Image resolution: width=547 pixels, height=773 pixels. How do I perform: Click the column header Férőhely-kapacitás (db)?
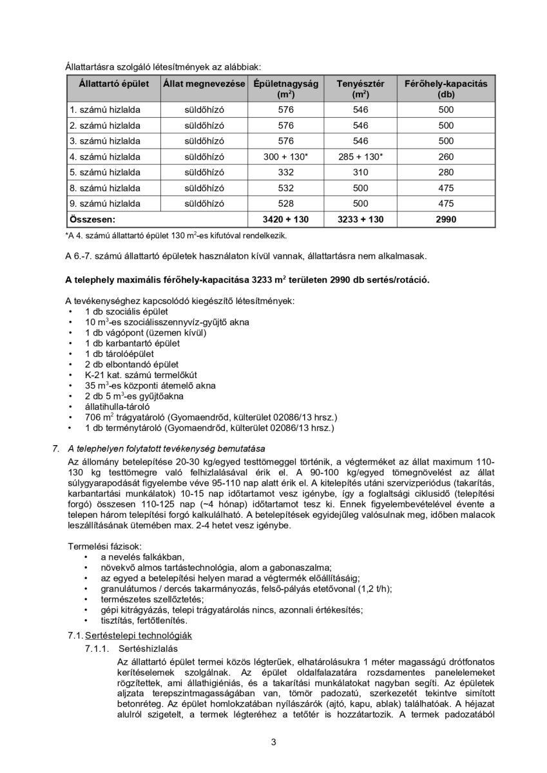(x=446, y=89)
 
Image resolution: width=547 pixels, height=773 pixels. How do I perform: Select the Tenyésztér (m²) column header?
(x=360, y=89)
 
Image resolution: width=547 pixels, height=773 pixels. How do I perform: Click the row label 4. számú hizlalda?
(x=105, y=157)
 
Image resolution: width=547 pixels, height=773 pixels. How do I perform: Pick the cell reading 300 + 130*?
(x=285, y=157)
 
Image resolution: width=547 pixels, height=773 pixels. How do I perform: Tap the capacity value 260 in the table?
(x=446, y=157)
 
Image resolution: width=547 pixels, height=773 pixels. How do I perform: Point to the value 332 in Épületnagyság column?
(x=285, y=173)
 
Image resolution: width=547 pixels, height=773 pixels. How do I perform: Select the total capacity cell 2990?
(x=446, y=220)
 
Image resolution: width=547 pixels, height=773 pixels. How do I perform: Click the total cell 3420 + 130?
(x=285, y=220)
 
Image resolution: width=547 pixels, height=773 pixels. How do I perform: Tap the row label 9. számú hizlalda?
(x=105, y=204)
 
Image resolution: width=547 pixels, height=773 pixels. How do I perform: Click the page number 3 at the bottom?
(x=273, y=742)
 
